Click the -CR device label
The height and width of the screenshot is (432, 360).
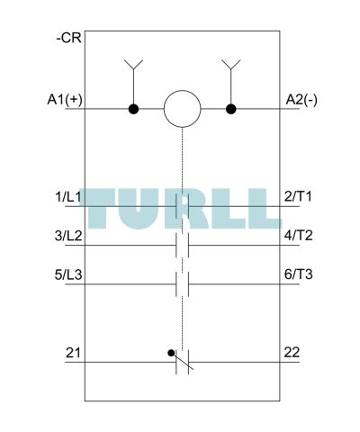[68, 39]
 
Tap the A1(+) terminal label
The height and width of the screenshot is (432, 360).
[65, 100]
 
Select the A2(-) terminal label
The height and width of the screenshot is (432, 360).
[301, 100]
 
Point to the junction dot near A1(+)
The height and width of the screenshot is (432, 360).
[133, 109]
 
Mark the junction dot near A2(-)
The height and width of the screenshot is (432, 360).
[230, 109]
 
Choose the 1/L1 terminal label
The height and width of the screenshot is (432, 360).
[68, 197]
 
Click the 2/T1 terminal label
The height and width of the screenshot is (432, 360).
[298, 196]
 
